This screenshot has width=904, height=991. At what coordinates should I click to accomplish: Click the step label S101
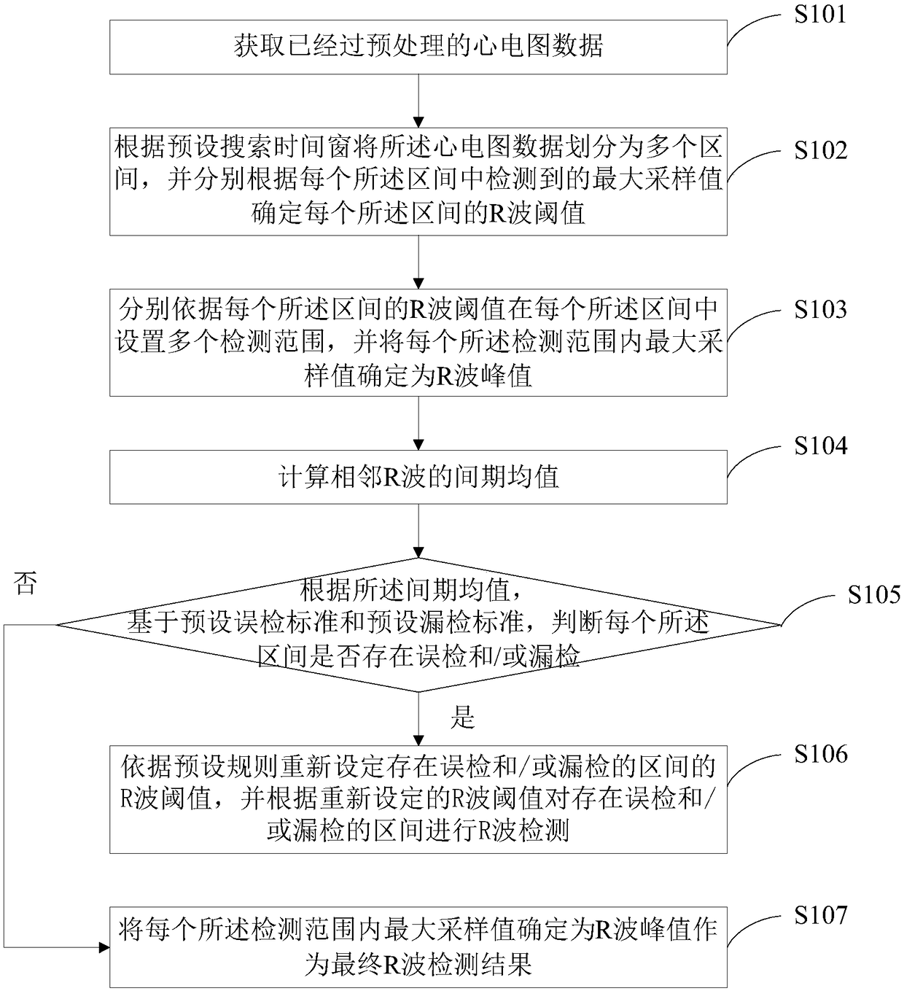click(x=820, y=15)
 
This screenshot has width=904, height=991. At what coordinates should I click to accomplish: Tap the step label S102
click(x=820, y=150)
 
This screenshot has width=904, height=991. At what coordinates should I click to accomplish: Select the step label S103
click(x=820, y=310)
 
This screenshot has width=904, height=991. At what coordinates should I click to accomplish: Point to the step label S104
click(x=820, y=446)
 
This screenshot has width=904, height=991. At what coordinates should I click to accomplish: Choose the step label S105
click(x=873, y=595)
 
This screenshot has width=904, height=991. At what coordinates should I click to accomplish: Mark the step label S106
click(x=820, y=754)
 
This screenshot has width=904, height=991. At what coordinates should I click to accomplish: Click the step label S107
click(x=820, y=914)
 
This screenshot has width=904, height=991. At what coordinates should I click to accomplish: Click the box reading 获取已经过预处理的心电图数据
click(x=418, y=47)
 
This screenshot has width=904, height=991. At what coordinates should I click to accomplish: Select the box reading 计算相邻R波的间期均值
click(x=418, y=477)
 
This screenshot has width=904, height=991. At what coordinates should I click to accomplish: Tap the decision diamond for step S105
click(x=418, y=624)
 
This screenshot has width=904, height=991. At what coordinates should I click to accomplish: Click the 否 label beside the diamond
click(x=26, y=583)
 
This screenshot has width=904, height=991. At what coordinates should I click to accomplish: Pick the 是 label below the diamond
click(x=462, y=718)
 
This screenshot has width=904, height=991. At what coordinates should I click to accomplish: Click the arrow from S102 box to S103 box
click(x=418, y=262)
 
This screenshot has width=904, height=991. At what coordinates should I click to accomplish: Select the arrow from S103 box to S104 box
click(x=418, y=423)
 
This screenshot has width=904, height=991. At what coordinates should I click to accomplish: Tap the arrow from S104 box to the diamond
click(x=418, y=530)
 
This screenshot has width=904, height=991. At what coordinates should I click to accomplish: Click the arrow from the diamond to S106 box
click(x=418, y=718)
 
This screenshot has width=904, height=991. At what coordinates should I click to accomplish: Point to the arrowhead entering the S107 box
click(x=104, y=948)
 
